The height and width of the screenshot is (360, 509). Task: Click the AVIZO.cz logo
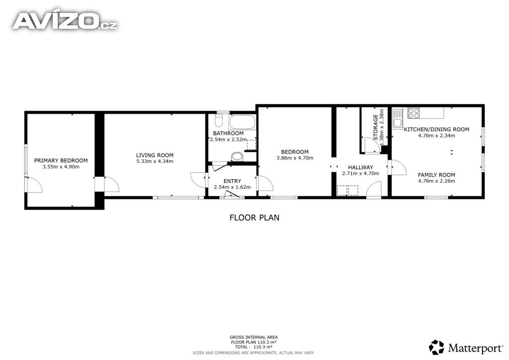[x=65, y=21]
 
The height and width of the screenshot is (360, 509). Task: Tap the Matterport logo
[x=466, y=348]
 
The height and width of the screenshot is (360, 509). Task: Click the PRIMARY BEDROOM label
[x=61, y=161]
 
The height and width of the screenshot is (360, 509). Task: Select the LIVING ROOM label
[x=155, y=155]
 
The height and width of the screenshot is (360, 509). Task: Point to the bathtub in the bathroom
[x=242, y=122]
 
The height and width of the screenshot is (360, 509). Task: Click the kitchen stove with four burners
[x=414, y=113]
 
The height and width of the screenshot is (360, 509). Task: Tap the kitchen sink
[x=398, y=118]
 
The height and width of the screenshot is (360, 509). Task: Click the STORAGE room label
[x=376, y=127]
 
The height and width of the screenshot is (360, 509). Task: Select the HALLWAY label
[x=360, y=168]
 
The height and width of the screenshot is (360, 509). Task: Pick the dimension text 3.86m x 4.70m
[x=295, y=158]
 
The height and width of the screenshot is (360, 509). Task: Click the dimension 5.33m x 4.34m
[x=155, y=161]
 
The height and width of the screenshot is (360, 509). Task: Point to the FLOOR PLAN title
[x=254, y=217]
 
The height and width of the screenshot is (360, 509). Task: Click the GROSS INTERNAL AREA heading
[x=254, y=337]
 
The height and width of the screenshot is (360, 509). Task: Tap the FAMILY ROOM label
[x=436, y=175]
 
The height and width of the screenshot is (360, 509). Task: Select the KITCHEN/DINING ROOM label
[x=436, y=129]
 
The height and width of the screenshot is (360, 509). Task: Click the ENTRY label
[x=232, y=181]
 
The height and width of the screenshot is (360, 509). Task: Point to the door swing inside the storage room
[x=372, y=145]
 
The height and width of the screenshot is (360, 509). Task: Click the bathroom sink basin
[x=237, y=157]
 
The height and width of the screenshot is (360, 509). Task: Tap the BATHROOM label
[x=228, y=133]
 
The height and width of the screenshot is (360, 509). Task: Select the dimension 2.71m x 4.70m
[x=360, y=174]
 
